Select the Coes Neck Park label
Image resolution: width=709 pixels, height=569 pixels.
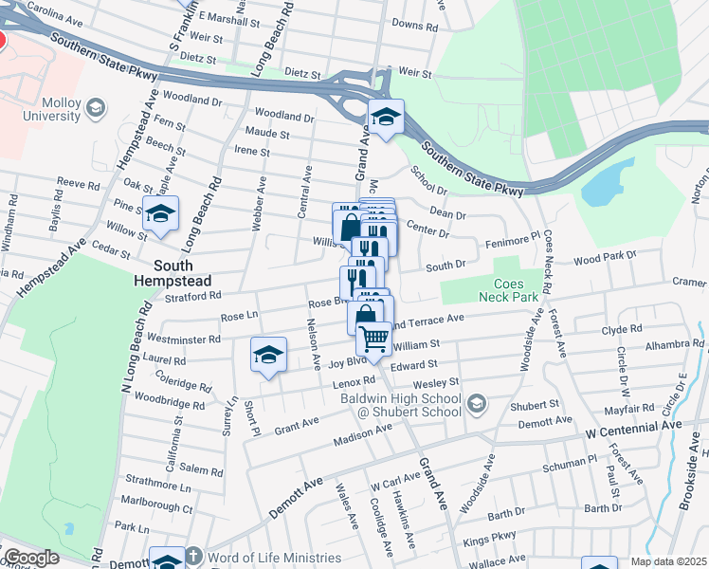517,290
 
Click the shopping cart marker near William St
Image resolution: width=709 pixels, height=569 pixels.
374,339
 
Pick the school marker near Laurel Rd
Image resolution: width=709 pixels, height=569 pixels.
268,356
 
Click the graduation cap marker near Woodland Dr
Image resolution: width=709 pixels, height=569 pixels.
386,118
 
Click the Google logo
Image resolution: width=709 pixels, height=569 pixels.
31,558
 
